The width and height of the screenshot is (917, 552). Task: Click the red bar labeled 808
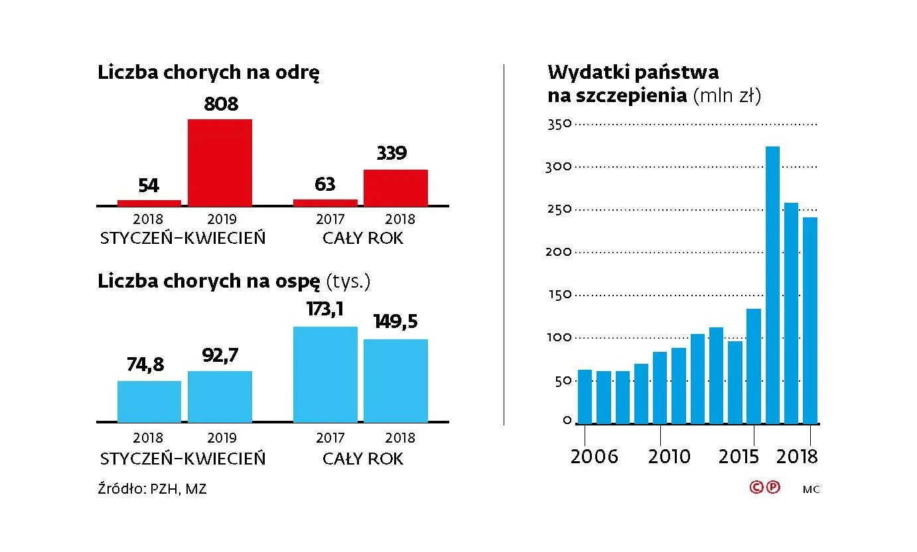[x=220, y=162]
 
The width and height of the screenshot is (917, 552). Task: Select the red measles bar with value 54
[x=149, y=203]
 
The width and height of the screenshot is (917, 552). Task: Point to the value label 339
[x=391, y=154]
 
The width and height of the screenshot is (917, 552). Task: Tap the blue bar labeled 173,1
[x=325, y=374]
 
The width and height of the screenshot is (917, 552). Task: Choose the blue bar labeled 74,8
[x=149, y=402]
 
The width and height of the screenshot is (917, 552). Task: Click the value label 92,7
[x=220, y=356]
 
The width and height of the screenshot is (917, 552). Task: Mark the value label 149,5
[x=395, y=322]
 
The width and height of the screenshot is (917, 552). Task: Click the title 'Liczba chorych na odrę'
[x=209, y=73]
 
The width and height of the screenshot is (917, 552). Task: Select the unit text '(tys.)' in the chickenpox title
[x=348, y=282]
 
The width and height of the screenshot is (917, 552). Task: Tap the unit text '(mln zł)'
[x=727, y=96]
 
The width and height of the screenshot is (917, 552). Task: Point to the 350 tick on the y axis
[x=558, y=124]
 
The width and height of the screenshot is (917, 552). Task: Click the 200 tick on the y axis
[x=558, y=252]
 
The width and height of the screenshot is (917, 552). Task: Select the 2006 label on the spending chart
[x=594, y=457]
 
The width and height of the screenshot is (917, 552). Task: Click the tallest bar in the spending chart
[x=772, y=285]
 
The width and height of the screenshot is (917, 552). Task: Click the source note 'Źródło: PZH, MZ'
[x=152, y=490]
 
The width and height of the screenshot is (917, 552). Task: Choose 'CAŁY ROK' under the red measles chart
[x=362, y=239]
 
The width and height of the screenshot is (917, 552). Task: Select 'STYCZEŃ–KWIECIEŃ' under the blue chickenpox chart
[x=182, y=459]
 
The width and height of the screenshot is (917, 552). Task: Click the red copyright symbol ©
[x=756, y=488]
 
